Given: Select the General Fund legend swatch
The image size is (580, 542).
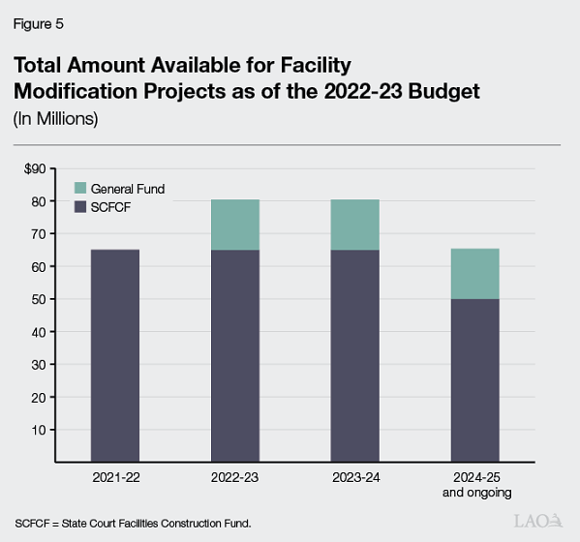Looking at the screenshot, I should (81, 189).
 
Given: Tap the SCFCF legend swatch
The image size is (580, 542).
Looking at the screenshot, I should (81, 206).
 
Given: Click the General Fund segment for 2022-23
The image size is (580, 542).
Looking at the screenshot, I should (234, 225).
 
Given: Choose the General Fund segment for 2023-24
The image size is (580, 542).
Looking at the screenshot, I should (354, 225).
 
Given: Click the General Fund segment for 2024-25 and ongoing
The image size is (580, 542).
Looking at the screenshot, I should (474, 274).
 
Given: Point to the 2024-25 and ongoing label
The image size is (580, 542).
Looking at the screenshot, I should (474, 484).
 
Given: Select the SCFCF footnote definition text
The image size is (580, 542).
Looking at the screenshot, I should (133, 523).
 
